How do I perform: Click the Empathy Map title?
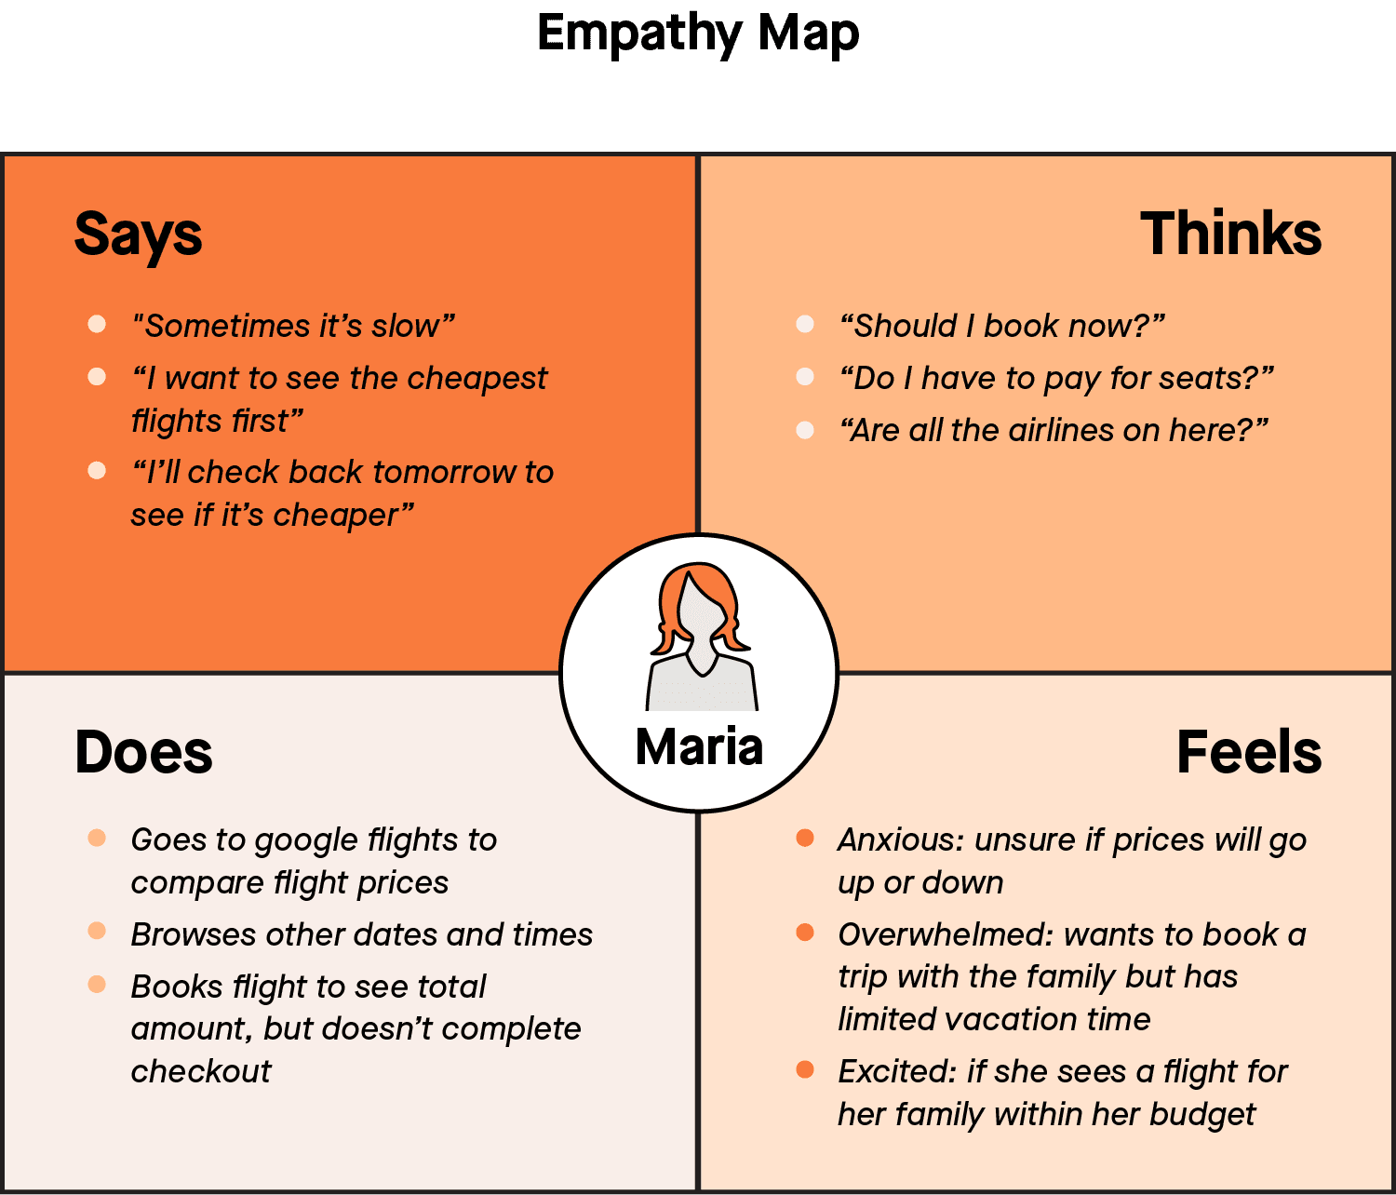point(698,34)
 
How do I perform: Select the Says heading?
point(138,234)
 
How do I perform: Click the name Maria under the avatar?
point(699,746)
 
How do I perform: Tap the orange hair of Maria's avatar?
point(673,596)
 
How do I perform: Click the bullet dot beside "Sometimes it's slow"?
point(97,324)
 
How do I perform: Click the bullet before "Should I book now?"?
point(805,324)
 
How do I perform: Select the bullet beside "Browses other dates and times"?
point(97,932)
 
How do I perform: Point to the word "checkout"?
point(201,1071)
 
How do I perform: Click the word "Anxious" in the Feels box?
point(899,839)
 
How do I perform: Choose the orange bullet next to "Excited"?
point(805,1069)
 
